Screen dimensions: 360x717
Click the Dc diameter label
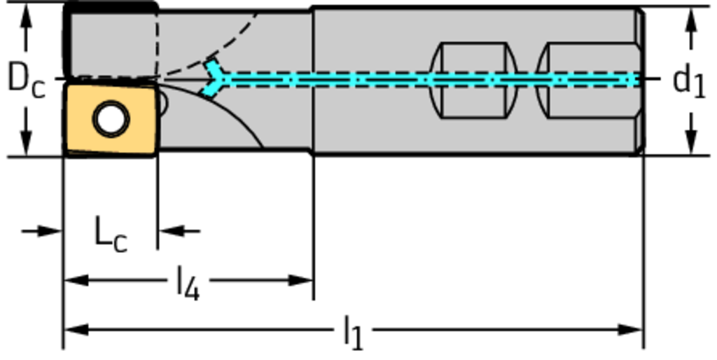point(25,79)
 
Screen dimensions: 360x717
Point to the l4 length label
point(187,282)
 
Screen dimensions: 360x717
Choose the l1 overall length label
point(354,331)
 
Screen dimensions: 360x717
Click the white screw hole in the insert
point(111,119)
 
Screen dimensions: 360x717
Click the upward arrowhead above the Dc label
point(26,18)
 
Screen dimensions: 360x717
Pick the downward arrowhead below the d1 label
point(691,141)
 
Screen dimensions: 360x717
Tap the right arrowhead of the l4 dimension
point(301,280)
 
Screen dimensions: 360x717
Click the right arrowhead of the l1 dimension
point(631,329)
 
